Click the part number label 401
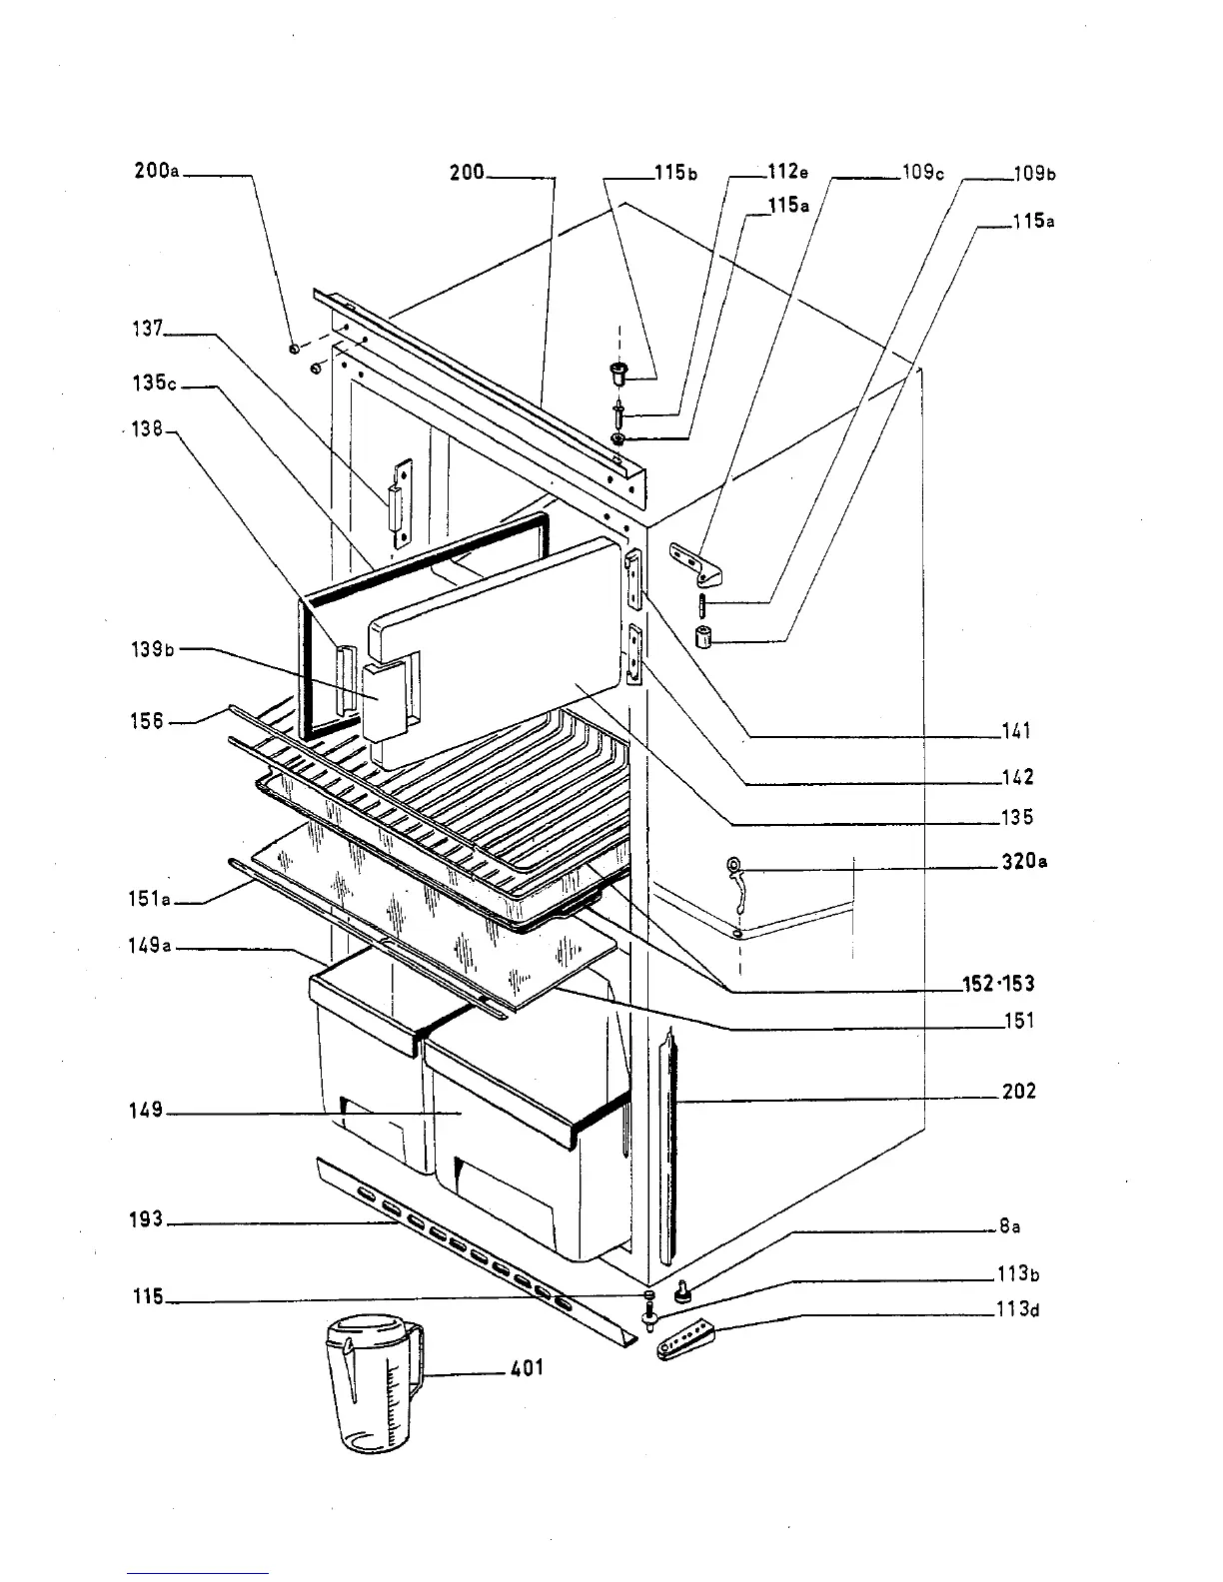tap(527, 1367)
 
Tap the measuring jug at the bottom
tap(373, 1383)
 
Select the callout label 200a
tap(157, 170)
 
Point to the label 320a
tap(1024, 861)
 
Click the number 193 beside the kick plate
tap(146, 1219)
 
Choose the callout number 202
tap(1019, 1091)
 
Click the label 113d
tap(1019, 1309)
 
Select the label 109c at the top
tap(922, 172)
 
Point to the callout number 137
tap(148, 328)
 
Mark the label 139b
tap(153, 649)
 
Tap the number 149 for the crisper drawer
tap(146, 1111)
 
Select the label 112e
tap(786, 172)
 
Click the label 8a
tap(1009, 1226)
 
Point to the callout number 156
tap(146, 720)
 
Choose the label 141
tap(1016, 731)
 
